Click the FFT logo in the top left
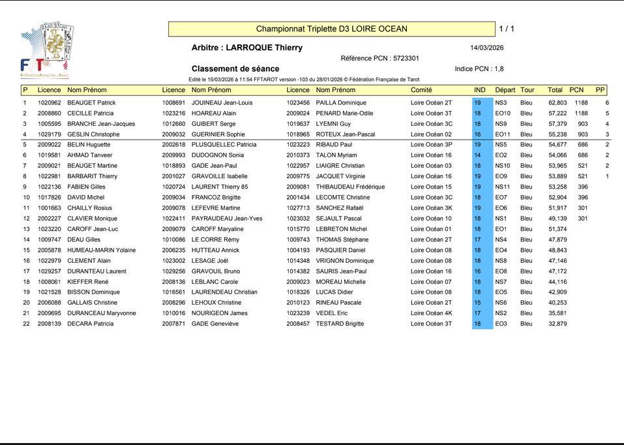46,50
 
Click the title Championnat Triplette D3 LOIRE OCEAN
331,29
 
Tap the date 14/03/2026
486,48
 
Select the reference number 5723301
406,58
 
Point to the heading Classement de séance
235,69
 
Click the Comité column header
421,90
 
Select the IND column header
480,90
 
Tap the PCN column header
576,90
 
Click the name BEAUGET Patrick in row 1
91,102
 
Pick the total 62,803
557,102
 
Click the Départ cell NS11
502,187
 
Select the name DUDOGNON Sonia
217,155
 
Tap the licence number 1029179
49,134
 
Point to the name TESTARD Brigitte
340,324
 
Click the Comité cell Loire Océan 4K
431,313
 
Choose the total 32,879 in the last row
557,324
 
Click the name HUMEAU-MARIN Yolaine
101,250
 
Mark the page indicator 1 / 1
507,29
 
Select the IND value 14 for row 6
477,155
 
